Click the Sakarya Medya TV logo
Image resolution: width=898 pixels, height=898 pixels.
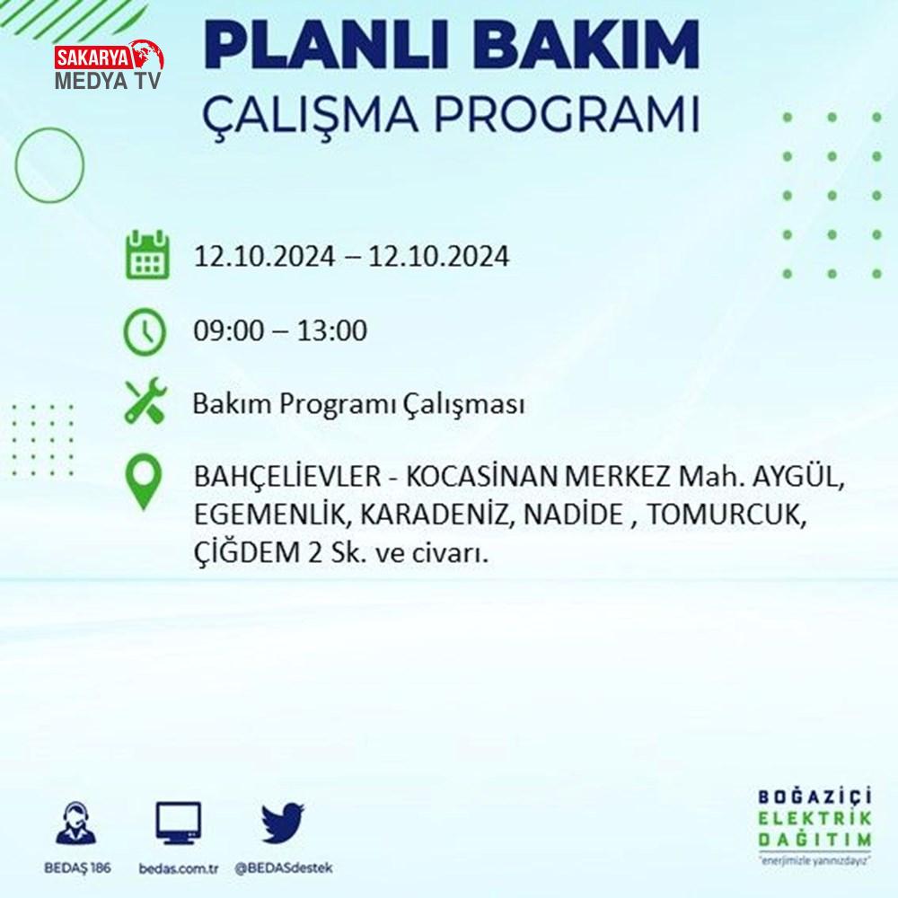pyautogui.click(x=109, y=65)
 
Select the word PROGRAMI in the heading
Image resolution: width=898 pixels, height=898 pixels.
pyautogui.click(x=567, y=114)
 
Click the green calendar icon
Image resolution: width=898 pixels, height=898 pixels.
pyautogui.click(x=147, y=254)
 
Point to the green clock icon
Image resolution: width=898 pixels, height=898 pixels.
pyautogui.click(x=145, y=331)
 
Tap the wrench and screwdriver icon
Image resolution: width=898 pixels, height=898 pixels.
pyautogui.click(x=146, y=401)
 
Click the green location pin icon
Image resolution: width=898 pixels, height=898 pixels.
pyautogui.click(x=144, y=481)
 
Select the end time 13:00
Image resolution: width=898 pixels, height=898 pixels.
pyautogui.click(x=332, y=330)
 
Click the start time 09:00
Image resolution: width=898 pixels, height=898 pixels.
pyautogui.click(x=228, y=330)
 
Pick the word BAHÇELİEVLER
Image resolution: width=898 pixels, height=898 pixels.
pyautogui.click(x=287, y=477)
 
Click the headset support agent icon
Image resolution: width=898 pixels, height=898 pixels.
pyautogui.click(x=75, y=823)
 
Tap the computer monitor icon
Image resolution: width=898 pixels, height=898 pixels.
pyautogui.click(x=179, y=823)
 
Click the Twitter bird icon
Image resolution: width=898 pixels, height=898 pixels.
pyautogui.click(x=283, y=823)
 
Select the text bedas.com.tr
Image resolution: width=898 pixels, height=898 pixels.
pyautogui.click(x=179, y=868)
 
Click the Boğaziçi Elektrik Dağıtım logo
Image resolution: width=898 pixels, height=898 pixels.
pyautogui.click(x=814, y=826)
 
